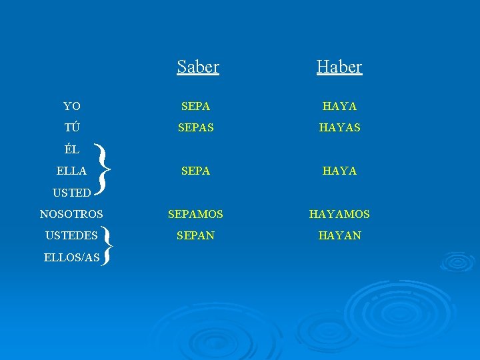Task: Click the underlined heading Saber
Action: [x=198, y=67]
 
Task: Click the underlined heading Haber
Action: [x=339, y=67]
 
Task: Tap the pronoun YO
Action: [x=71, y=107]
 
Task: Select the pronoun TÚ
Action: [x=71, y=127]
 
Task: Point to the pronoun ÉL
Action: [x=71, y=149]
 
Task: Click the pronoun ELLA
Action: [x=71, y=171]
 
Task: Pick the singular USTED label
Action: [x=71, y=193]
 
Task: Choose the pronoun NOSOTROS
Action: [x=71, y=215]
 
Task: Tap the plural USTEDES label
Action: [x=71, y=235]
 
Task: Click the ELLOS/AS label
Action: [x=71, y=257]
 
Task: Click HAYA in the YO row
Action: [x=339, y=107]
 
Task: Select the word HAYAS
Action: [x=339, y=127]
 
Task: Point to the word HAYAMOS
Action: [x=339, y=215]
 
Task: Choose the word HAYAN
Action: [x=339, y=235]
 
